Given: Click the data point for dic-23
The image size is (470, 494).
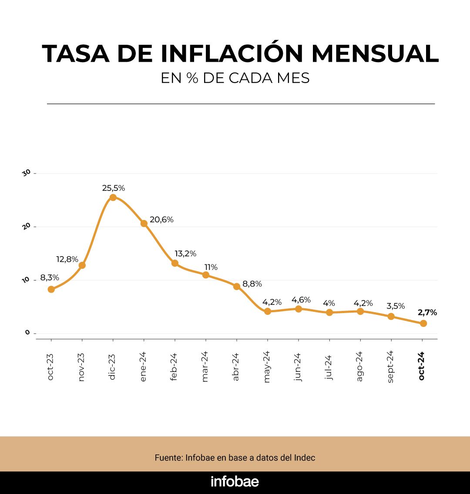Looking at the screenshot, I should (113, 197).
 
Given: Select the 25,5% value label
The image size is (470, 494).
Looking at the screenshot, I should (114, 188).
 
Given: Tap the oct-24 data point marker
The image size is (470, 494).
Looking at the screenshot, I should (423, 324).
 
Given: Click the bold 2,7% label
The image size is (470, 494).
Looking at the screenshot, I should (427, 312).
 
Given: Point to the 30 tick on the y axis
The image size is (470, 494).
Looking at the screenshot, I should (26, 173).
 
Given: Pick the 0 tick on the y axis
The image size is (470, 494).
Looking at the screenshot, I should (27, 333).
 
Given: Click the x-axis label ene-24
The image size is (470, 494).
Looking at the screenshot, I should (144, 367).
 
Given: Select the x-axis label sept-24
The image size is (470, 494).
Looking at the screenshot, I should (390, 366).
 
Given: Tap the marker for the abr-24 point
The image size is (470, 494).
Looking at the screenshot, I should (237, 287).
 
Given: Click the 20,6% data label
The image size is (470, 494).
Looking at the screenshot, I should (161, 220).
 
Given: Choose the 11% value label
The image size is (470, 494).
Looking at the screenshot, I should (211, 267).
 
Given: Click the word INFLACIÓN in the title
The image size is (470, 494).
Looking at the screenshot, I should (232, 53).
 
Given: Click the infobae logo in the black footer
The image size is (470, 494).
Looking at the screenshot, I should (235, 482).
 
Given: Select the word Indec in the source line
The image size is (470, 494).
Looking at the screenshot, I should (305, 458).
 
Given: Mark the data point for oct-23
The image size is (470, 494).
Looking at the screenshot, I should (51, 289).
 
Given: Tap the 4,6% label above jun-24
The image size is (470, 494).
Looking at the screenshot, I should (301, 300).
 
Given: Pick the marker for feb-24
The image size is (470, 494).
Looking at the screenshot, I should (175, 263).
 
